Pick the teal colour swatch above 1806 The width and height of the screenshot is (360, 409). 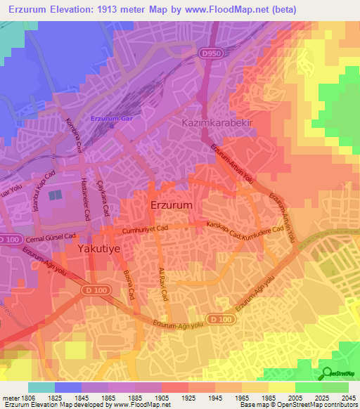click(x=41, y=387)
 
